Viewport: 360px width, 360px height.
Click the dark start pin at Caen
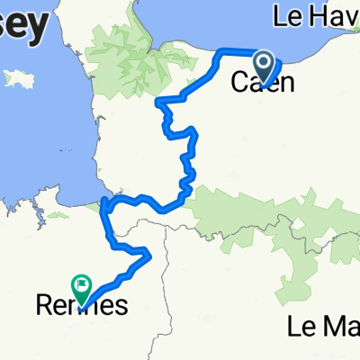265,65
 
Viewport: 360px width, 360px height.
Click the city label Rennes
80,306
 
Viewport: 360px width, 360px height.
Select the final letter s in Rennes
120,306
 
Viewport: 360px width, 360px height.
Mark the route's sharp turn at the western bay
106,205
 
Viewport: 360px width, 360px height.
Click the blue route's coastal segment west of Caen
236,50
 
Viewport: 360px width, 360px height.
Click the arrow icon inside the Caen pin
265,62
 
